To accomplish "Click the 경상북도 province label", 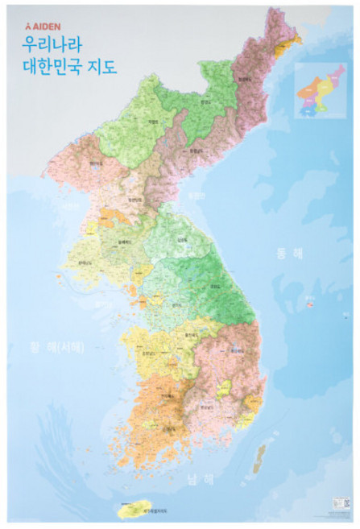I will (236, 350).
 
